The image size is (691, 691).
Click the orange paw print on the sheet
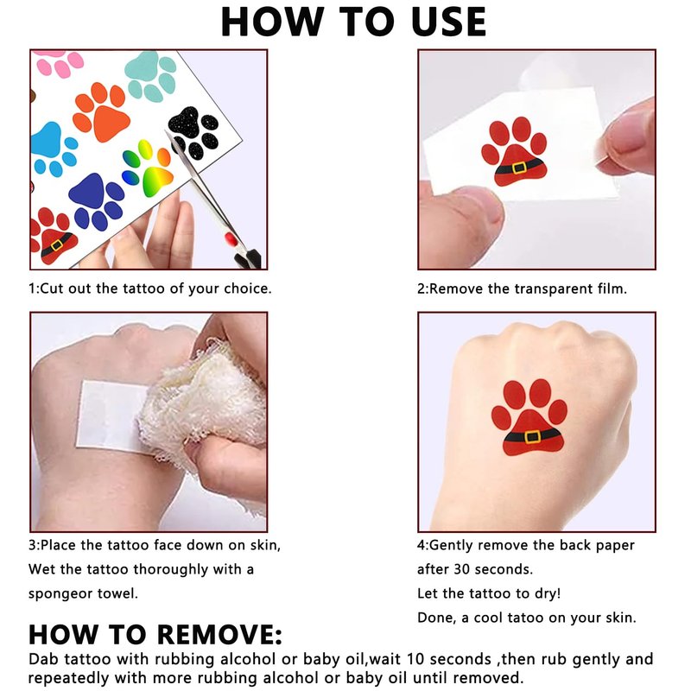click(x=101, y=112)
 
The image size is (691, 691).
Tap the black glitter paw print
click(x=193, y=131)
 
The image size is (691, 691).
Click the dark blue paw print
click(x=96, y=202)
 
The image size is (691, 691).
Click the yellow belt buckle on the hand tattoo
click(x=532, y=436)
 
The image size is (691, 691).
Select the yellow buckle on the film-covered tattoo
click(x=519, y=168)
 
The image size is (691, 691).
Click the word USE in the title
click(x=448, y=22)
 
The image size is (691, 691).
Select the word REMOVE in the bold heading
click(x=219, y=635)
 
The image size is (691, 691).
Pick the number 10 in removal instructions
click(x=415, y=659)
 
